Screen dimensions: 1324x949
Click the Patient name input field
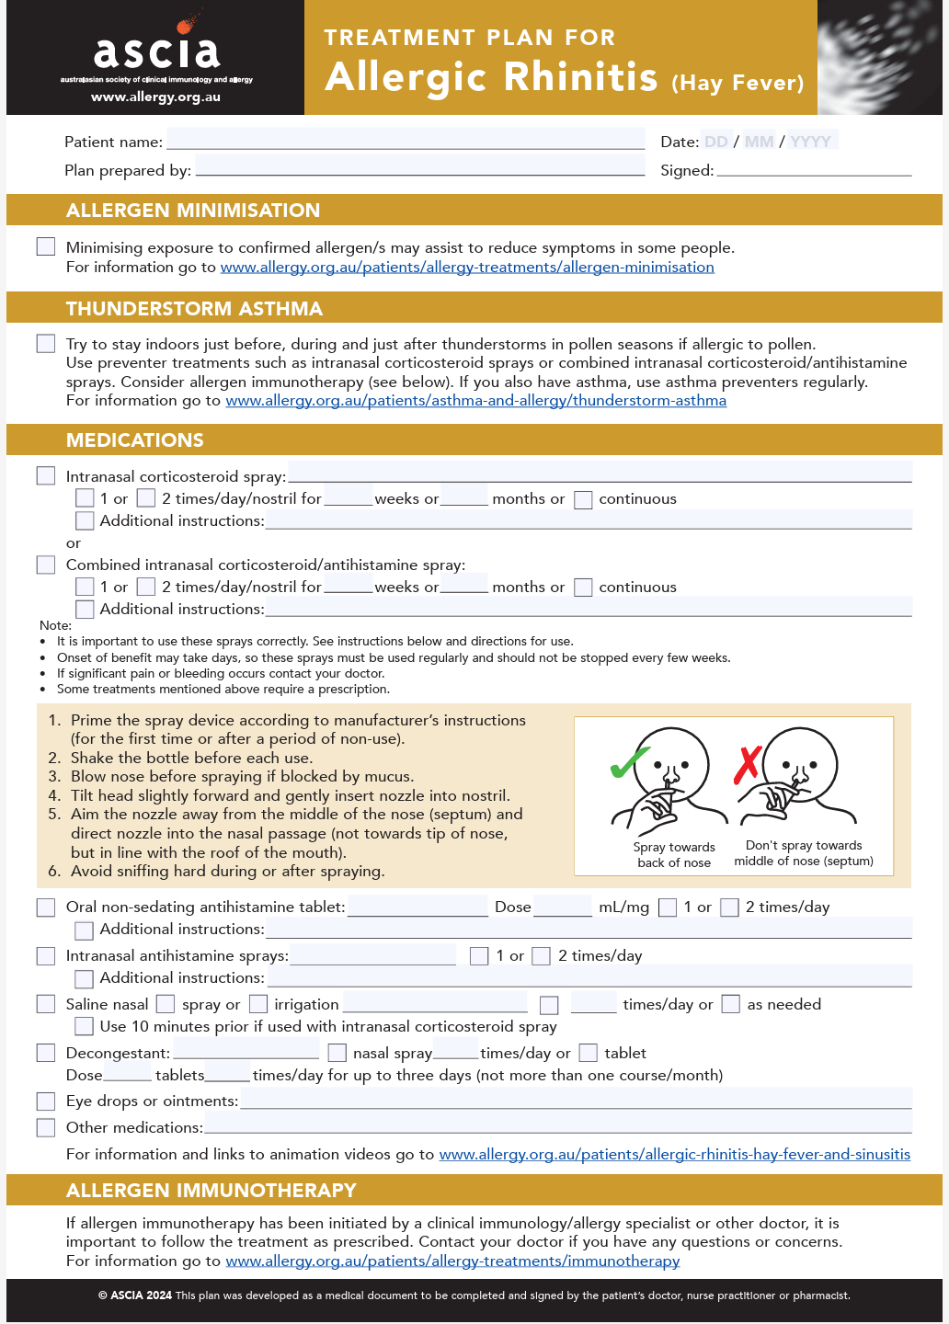(x=406, y=140)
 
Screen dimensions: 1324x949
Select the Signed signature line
(x=814, y=169)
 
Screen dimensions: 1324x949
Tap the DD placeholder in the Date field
(x=716, y=142)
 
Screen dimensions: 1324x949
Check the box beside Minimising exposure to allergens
(x=46, y=246)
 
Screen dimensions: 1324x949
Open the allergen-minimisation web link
(x=467, y=268)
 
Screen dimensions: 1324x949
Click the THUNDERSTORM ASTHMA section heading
(x=194, y=309)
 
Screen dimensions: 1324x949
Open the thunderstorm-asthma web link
(x=476, y=401)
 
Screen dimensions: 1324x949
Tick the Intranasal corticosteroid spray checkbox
(x=46, y=475)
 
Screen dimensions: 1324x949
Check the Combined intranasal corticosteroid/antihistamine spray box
(x=46, y=565)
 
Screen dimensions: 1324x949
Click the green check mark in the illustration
(x=629, y=763)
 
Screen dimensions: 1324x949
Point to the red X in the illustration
(x=748, y=764)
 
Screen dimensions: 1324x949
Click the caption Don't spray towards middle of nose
(x=804, y=853)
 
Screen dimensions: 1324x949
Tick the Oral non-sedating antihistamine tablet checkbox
(x=46, y=907)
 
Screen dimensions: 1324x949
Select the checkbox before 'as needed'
(x=731, y=1004)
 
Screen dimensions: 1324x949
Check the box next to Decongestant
(x=46, y=1053)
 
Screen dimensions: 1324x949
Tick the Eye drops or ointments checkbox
(x=46, y=1101)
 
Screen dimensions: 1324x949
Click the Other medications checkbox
(x=46, y=1127)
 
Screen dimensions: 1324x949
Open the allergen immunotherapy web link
(x=452, y=1261)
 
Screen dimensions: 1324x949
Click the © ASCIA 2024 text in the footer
(x=135, y=1295)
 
